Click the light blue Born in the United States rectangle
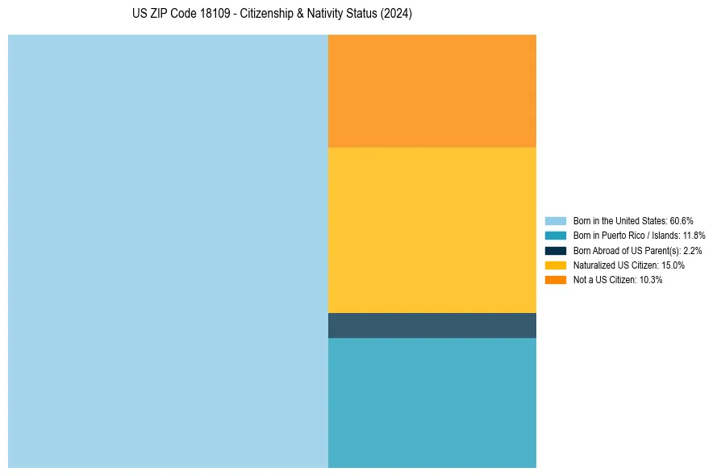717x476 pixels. tap(168, 251)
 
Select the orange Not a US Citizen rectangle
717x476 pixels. tap(431, 90)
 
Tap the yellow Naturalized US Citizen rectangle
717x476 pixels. tap(431, 230)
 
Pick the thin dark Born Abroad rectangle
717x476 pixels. tap(431, 325)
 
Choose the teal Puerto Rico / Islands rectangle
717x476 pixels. tap(431, 403)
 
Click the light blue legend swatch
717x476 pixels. tap(556, 220)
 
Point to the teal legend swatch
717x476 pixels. tap(556, 236)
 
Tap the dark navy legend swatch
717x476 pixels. tap(556, 250)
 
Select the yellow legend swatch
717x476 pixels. tap(556, 265)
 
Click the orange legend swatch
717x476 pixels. tap(556, 279)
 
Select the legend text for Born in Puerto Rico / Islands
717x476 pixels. tap(639, 236)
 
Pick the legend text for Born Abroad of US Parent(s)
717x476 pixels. tap(637, 250)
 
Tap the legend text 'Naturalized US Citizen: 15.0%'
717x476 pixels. tap(629, 265)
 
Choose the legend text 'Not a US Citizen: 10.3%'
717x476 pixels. tap(618, 279)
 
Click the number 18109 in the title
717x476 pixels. tap(216, 15)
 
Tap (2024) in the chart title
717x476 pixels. tap(396, 15)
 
